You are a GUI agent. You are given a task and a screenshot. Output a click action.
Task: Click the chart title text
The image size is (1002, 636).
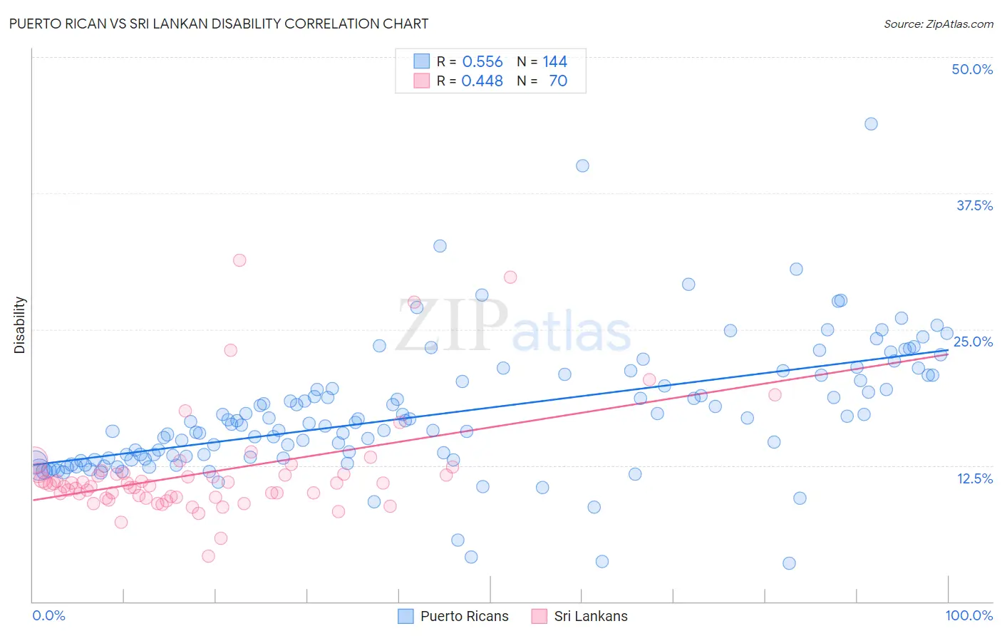point(219,24)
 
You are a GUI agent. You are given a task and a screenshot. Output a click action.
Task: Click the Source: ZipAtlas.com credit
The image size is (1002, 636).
point(938,24)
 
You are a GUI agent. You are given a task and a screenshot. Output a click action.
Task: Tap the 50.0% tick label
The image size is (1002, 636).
point(972,69)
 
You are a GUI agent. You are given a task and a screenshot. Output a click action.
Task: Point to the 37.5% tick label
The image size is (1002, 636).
point(974,205)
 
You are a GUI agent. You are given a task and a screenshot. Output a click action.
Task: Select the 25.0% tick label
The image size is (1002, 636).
point(973,342)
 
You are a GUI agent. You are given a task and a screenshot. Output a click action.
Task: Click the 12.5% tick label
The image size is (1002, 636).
point(974,478)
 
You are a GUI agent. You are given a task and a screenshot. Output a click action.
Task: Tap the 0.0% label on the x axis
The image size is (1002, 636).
point(48,615)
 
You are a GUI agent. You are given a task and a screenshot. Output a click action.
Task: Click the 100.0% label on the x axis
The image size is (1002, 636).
point(969,615)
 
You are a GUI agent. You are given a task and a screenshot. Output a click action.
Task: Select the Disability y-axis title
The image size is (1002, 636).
point(20,325)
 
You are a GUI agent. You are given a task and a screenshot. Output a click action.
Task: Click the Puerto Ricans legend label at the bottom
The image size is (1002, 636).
point(464,616)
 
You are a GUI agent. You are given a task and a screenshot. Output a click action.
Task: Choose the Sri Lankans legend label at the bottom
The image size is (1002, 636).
point(591,616)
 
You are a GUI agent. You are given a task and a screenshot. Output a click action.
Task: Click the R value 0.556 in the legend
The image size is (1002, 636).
point(482,62)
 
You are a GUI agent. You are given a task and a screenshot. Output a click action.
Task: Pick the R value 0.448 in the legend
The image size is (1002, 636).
point(482,81)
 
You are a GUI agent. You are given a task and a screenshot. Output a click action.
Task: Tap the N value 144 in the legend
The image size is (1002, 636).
point(554,62)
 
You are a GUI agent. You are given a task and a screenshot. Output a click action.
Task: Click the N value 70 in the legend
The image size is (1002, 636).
point(558,81)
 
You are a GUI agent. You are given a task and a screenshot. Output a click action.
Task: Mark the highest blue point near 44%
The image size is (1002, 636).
point(871,124)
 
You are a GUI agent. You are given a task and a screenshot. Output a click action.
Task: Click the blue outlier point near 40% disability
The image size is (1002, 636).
point(582,166)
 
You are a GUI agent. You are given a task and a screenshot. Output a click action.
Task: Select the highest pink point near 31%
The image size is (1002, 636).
point(239,260)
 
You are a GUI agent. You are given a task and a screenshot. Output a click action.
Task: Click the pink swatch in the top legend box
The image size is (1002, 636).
point(422,81)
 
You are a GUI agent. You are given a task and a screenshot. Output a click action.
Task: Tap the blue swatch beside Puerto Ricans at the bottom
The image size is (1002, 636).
point(406,616)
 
